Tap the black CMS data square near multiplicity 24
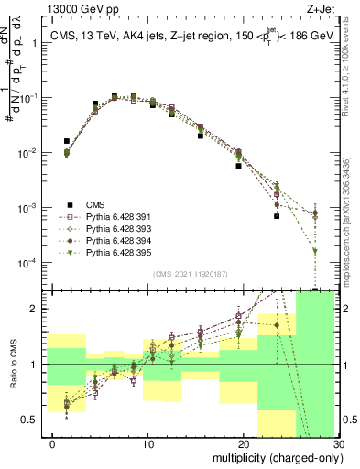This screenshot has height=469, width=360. (276, 217)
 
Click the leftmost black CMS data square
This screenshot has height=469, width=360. (67, 141)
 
